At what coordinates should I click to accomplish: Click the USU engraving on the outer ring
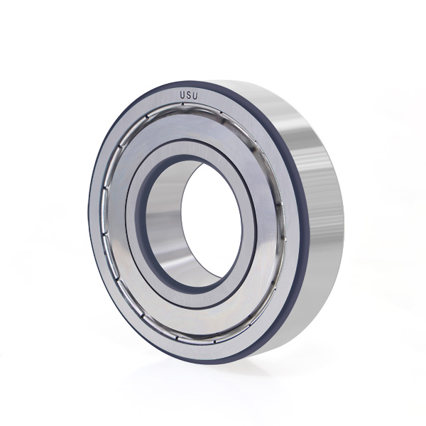point(189,96)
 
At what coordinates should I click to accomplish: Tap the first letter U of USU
point(182,95)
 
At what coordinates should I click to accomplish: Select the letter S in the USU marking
point(189,96)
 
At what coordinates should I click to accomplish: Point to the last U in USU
point(196,97)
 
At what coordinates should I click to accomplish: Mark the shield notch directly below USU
point(182,104)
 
